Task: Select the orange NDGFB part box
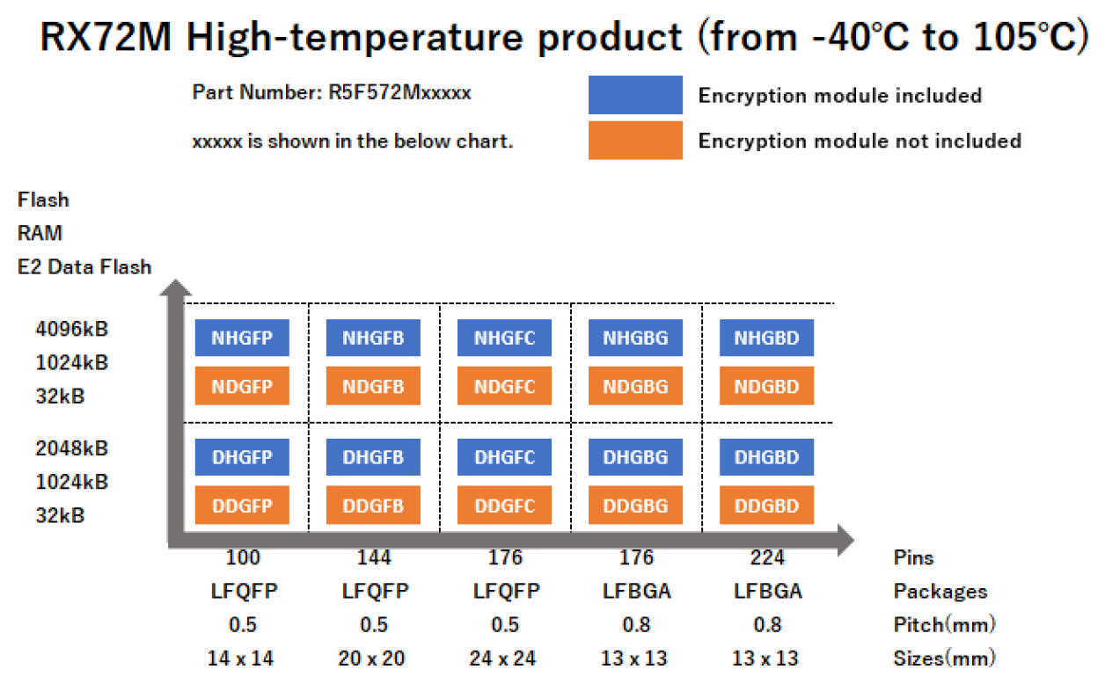[373, 386]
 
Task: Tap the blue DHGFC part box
[504, 457]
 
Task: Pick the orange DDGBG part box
[635, 506]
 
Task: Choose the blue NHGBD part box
[766, 338]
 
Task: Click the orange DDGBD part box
[766, 506]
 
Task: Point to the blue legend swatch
[635, 95]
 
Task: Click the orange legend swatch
[635, 141]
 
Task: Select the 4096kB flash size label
[72, 329]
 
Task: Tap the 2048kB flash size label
[72, 448]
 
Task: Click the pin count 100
[243, 557]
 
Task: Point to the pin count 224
[767, 557]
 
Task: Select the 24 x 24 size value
[505, 658]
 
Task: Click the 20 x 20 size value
[374, 658]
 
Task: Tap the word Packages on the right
[940, 592]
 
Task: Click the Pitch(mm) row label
[944, 625]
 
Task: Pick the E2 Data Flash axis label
[84, 267]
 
